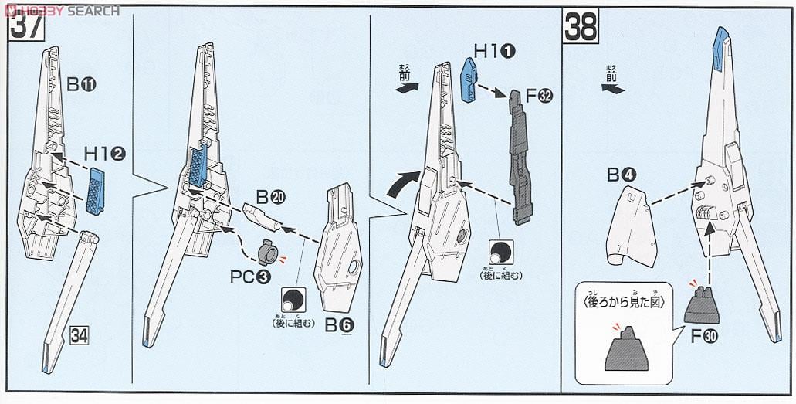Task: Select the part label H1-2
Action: coord(104,154)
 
